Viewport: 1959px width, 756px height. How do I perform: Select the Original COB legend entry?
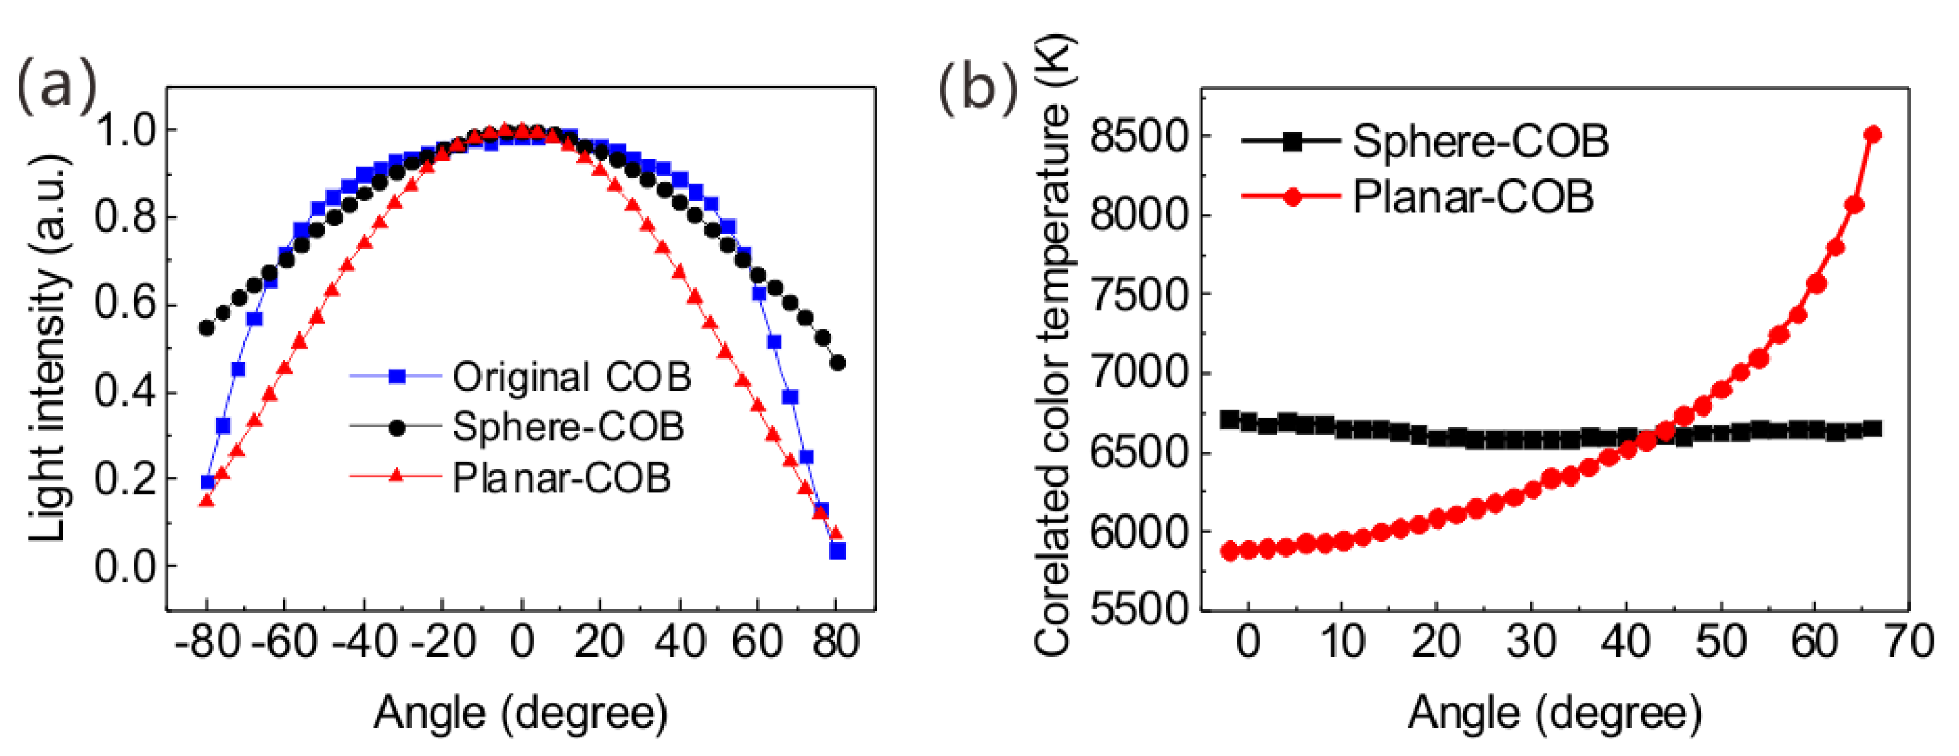coord(571,376)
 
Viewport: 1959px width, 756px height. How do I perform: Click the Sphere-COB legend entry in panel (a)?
coord(567,427)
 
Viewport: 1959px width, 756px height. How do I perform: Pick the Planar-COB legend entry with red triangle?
coord(560,478)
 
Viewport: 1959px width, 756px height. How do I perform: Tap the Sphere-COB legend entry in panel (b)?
coord(1480,141)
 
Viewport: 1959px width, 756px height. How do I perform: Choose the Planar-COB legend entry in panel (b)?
coord(1472,196)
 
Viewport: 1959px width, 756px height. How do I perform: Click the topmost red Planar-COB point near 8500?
coord(1873,134)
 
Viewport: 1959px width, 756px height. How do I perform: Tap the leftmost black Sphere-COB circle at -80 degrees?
coord(206,328)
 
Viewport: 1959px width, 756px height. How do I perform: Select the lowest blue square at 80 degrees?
coord(838,551)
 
